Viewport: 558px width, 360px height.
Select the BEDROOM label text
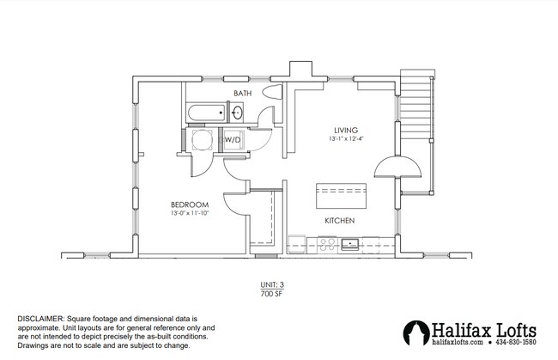pos(189,203)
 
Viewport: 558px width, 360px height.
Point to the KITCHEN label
pos(339,221)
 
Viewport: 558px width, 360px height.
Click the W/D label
pos(233,138)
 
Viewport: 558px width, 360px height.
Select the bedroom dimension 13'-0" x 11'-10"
pos(189,212)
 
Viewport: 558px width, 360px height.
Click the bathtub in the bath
pos(204,112)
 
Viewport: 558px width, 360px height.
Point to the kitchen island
pos(342,196)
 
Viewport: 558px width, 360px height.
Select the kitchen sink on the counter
pos(351,244)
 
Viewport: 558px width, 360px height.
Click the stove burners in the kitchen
pos(326,244)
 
